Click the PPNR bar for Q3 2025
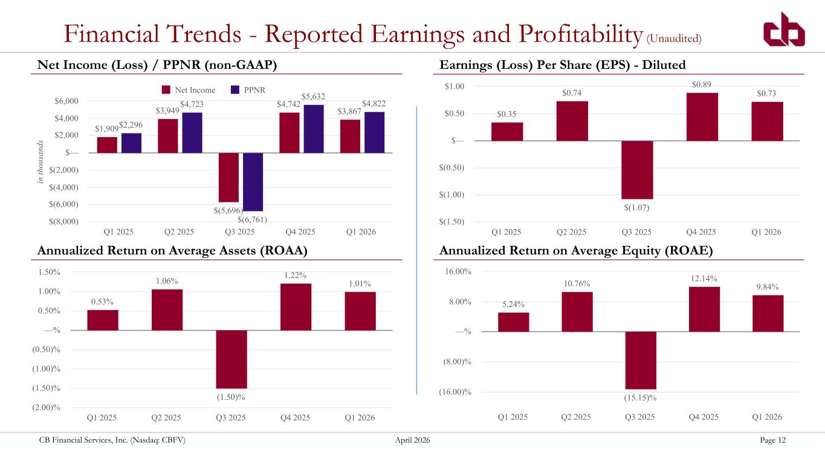click(x=253, y=182)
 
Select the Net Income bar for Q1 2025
click(x=107, y=145)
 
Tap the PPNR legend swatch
click(x=235, y=90)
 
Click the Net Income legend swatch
click(x=166, y=90)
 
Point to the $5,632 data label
click(x=313, y=97)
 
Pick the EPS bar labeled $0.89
click(x=702, y=117)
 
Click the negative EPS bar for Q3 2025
click(x=637, y=170)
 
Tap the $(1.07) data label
click(x=637, y=208)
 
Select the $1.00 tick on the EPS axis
click(x=455, y=86)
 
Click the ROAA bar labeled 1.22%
click(x=296, y=307)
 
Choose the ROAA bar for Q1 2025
click(x=103, y=320)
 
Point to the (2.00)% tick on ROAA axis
click(x=46, y=407)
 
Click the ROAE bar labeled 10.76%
click(x=577, y=312)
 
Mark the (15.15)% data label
click(x=640, y=398)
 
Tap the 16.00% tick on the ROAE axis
click(x=458, y=271)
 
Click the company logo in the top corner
click(x=784, y=30)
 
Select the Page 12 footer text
click(x=772, y=440)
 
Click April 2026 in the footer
click(x=412, y=440)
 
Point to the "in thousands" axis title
click(x=40, y=162)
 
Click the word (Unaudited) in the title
click(x=674, y=39)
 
